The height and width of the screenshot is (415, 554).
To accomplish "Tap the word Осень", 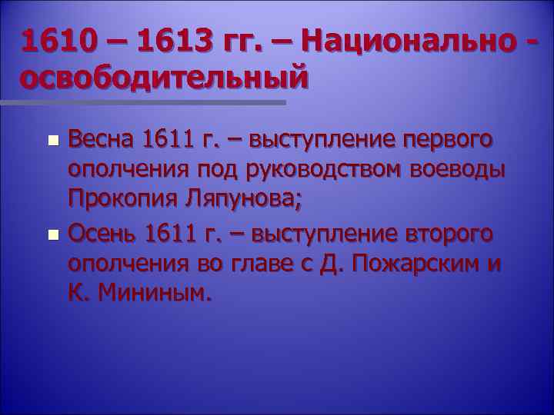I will coord(104,232).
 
